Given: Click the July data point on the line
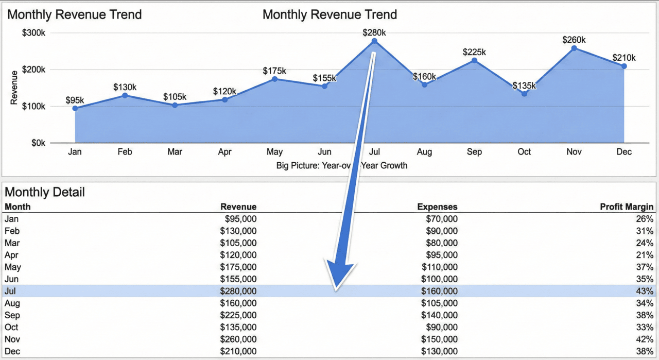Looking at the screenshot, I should pyautogui.click(x=374, y=41).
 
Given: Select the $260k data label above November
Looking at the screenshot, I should pyautogui.click(x=574, y=40).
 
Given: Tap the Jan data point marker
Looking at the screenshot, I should pyautogui.click(x=75, y=108).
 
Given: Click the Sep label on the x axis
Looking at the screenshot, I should pyautogui.click(x=474, y=152).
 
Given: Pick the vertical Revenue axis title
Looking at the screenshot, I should pyautogui.click(x=14, y=88).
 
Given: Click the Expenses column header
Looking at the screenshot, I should pyautogui.click(x=437, y=207).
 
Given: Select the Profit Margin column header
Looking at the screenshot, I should pyautogui.click(x=627, y=207).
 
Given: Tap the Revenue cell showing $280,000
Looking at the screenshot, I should pyautogui.click(x=238, y=292).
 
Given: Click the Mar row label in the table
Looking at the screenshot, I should pyautogui.click(x=11, y=243).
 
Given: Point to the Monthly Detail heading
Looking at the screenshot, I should pyautogui.click(x=45, y=193).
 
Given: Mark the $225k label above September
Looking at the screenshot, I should pyautogui.click(x=474, y=52).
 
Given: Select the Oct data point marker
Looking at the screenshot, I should pyautogui.click(x=524, y=94).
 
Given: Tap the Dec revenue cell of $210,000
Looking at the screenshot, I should pyautogui.click(x=238, y=351).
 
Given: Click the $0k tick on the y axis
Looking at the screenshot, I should pyautogui.click(x=38, y=143).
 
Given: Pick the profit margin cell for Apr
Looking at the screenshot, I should pyautogui.click(x=645, y=255).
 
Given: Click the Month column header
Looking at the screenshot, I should pyautogui.click(x=18, y=207).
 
